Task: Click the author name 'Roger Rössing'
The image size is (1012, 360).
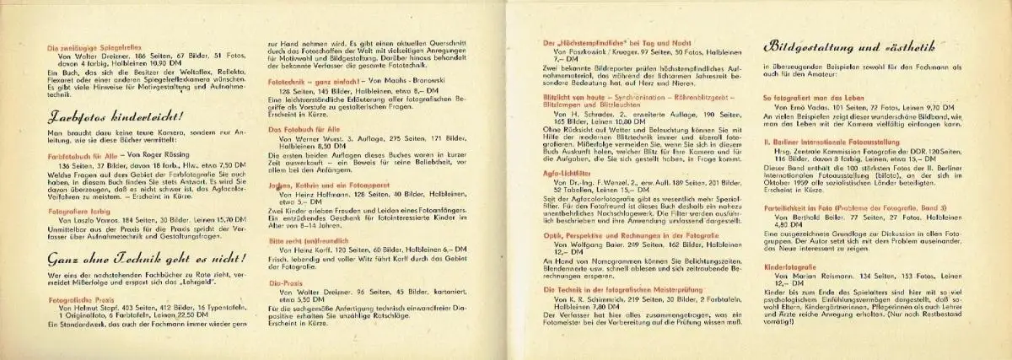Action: (x=165, y=154)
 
